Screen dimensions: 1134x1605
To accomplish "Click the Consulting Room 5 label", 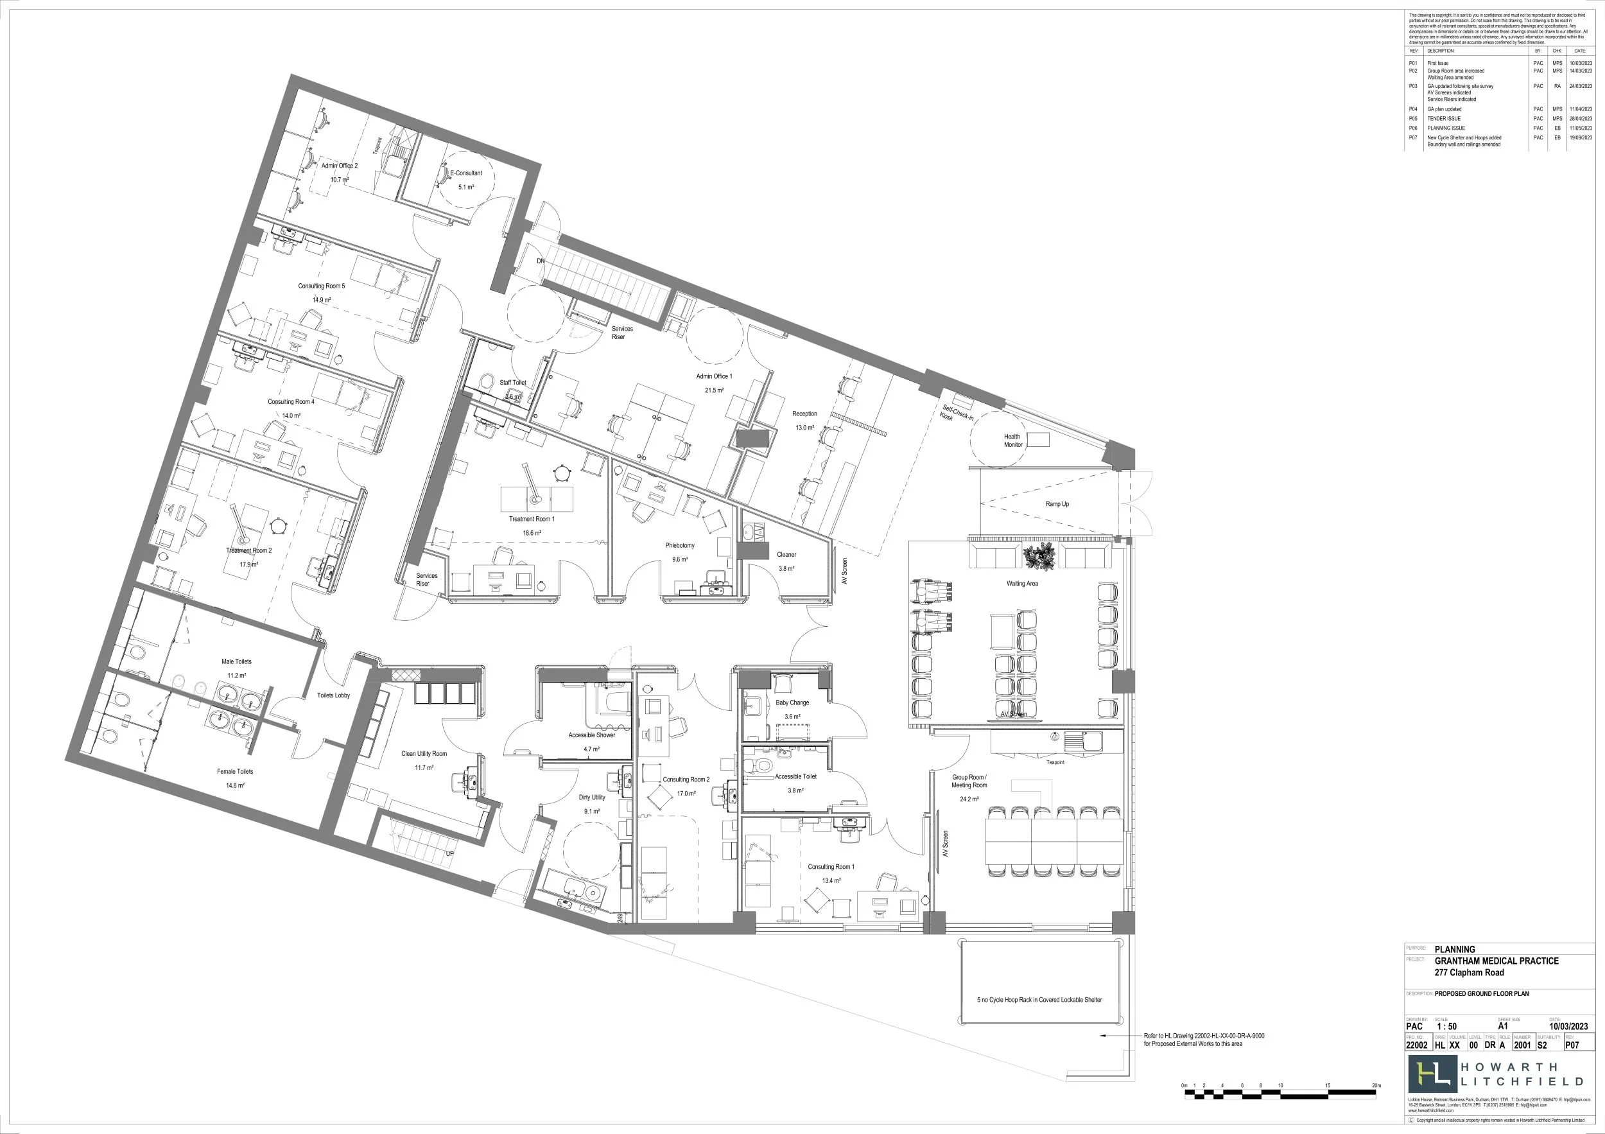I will [x=322, y=286].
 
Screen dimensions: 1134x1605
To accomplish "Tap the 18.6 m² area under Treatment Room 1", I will [x=532, y=533].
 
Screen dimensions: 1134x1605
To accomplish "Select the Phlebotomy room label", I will [x=679, y=545].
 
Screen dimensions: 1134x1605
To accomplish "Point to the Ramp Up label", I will [x=1057, y=504].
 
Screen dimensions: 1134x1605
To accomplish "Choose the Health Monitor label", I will [x=1013, y=441].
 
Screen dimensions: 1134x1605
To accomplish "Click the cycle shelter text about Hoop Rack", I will [x=1039, y=1000].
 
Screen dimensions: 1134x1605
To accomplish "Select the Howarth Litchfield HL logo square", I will [x=1432, y=1074].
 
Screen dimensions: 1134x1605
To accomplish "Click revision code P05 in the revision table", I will [x=1413, y=119].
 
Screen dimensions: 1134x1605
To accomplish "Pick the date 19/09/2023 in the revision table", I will [x=1581, y=137].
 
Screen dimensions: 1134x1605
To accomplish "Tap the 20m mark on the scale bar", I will [x=1376, y=1085].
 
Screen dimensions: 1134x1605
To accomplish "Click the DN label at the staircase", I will [x=541, y=261].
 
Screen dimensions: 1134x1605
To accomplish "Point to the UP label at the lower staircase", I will [x=451, y=854].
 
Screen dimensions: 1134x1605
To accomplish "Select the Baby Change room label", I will [x=792, y=702].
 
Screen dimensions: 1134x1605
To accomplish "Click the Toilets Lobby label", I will [x=333, y=695].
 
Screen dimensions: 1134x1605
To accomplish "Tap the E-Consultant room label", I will [x=465, y=173].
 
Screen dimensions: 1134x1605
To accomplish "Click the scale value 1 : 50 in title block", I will [x=1441, y=1026].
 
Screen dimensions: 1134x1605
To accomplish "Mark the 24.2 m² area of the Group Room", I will [x=969, y=799].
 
